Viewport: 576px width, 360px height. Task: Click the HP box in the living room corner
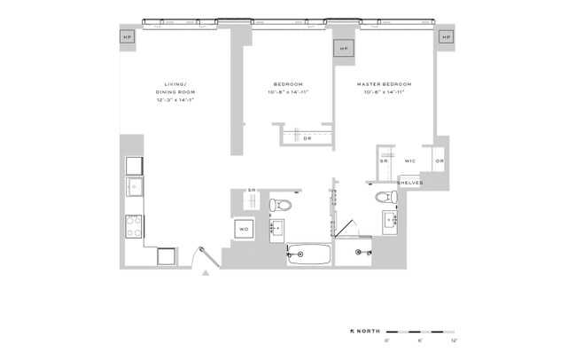[x=127, y=37]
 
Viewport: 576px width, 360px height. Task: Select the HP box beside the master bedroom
[x=446, y=37]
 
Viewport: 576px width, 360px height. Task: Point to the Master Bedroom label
[x=385, y=84]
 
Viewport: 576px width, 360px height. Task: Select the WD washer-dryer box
[x=245, y=230]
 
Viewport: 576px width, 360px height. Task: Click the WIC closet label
[x=410, y=161]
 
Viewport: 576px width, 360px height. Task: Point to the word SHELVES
[x=409, y=184]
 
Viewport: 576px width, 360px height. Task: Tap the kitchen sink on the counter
[x=135, y=187]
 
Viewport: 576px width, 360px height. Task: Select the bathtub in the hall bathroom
[x=308, y=255]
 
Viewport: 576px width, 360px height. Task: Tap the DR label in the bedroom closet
[x=307, y=138]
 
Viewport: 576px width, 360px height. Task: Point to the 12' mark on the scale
[x=454, y=340]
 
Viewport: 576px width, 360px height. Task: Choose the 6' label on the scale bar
[x=420, y=340]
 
